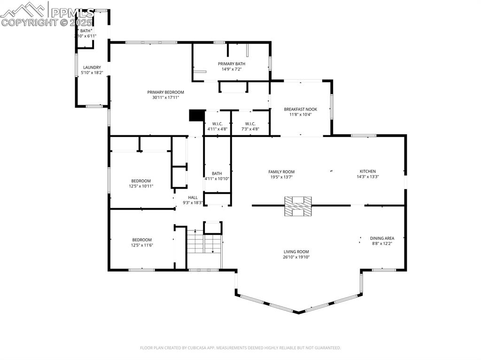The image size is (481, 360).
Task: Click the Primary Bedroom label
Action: (x=165, y=92)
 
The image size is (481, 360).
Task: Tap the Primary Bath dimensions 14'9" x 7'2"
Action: (x=231, y=69)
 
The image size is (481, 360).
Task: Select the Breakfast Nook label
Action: (x=300, y=109)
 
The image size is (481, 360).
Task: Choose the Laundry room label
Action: (x=92, y=68)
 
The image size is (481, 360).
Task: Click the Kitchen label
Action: (x=367, y=171)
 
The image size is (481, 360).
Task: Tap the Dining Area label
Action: (x=382, y=238)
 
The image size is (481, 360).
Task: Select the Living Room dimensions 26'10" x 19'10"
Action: (x=296, y=257)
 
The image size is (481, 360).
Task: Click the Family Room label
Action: (x=281, y=172)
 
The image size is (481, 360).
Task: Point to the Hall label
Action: (x=193, y=198)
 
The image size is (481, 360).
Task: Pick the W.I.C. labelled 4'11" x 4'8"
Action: (x=217, y=124)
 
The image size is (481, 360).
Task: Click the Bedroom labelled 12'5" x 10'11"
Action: (x=141, y=181)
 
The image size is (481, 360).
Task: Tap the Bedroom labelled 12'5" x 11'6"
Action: (x=141, y=240)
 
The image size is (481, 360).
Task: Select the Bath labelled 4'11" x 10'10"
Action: (x=217, y=174)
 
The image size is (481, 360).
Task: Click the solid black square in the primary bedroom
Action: (x=196, y=116)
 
